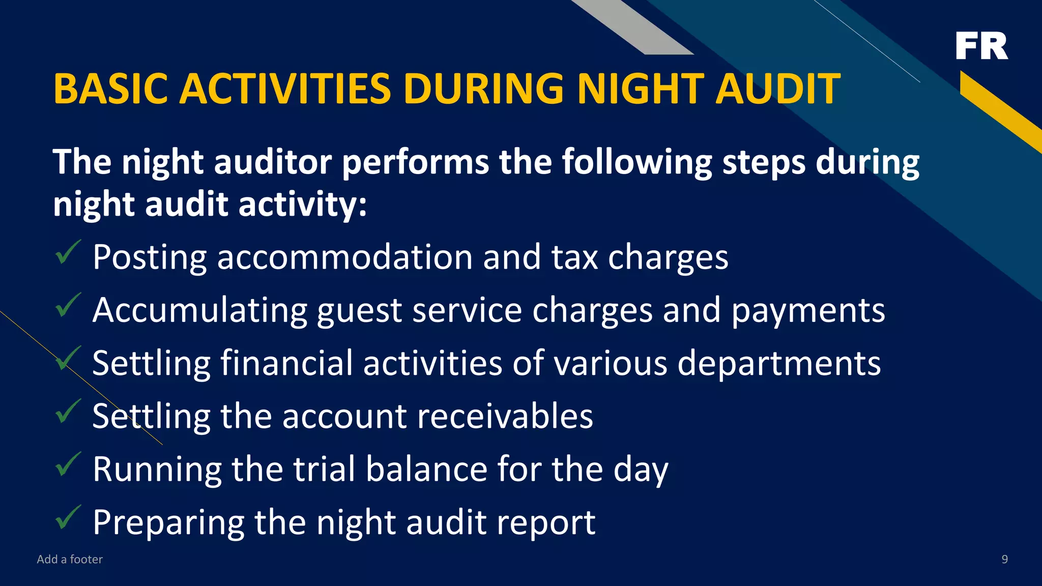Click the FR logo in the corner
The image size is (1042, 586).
981,46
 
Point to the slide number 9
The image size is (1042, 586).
1004,560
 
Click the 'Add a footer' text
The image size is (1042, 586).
70,560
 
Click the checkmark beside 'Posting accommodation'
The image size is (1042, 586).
67,253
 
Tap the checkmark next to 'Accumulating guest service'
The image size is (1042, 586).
67,306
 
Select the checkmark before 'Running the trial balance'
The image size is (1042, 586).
67,464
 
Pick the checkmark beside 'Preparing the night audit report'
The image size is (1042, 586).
67,517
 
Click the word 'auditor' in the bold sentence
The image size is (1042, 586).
273,162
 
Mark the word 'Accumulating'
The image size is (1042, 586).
200,310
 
